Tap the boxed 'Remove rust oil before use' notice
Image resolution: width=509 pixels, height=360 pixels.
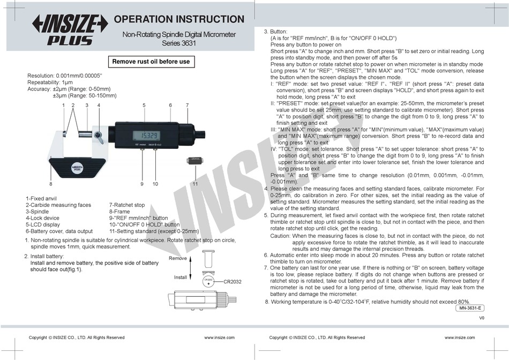[x=151, y=62]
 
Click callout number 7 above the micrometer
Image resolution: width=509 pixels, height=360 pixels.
[x=187, y=105]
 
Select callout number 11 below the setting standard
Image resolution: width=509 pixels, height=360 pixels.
[x=195, y=184]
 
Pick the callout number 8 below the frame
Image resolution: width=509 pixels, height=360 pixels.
[x=51, y=184]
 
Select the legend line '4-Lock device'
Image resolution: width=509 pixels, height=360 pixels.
[x=42, y=218]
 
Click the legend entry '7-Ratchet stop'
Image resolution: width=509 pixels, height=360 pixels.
[x=127, y=205]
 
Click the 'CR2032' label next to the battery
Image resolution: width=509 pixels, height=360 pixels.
[x=233, y=281]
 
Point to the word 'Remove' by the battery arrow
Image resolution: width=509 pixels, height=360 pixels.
[x=178, y=258]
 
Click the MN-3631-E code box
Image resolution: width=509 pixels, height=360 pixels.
[x=470, y=308]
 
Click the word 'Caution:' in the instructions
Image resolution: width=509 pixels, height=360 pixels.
[x=280, y=236]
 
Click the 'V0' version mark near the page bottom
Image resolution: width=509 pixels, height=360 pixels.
[x=482, y=318]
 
